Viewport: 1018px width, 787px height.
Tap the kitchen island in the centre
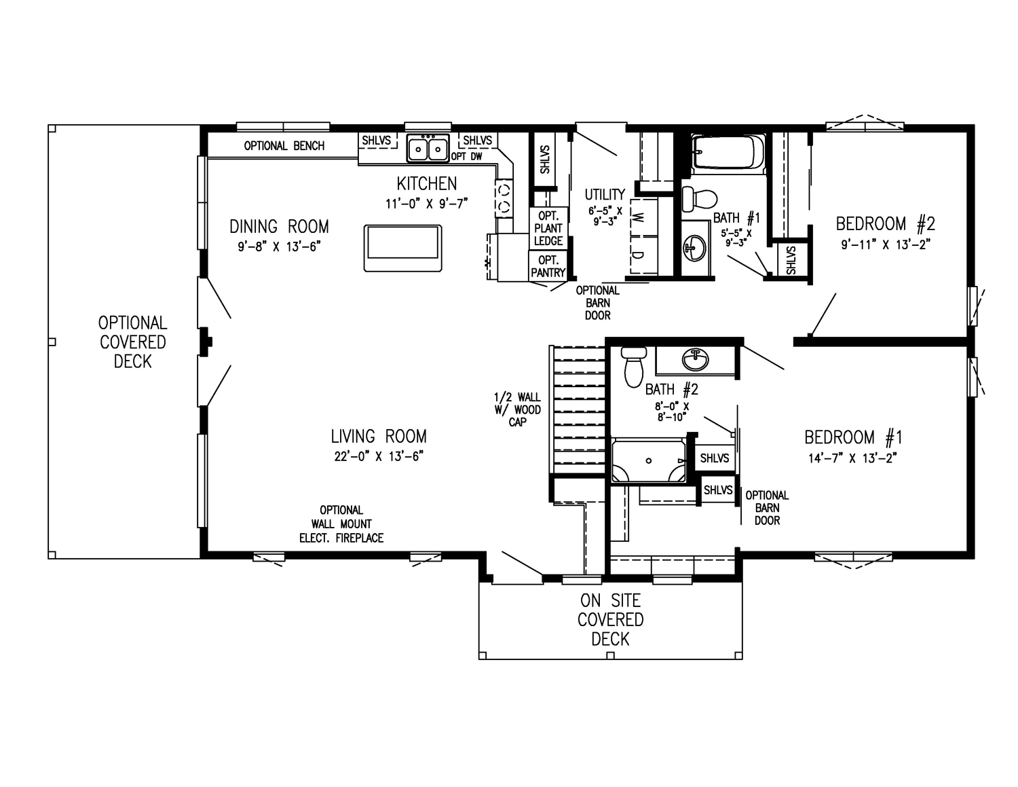pos(403,248)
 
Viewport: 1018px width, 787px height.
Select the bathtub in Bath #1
pos(728,152)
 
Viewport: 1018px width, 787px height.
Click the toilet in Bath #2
pos(635,367)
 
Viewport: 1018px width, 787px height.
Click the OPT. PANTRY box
pos(548,266)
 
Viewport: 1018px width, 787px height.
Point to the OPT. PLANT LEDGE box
pos(548,228)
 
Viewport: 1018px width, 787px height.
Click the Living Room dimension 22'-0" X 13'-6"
pos(378,456)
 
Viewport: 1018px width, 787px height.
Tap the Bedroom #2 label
pos(885,223)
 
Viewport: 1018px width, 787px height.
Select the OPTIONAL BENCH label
pos(284,146)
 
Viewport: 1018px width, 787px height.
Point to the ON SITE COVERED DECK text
pos(610,619)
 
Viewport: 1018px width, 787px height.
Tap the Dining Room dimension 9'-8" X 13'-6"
pos(278,246)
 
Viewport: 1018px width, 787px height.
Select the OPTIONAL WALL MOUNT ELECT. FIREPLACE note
pos(341,524)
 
